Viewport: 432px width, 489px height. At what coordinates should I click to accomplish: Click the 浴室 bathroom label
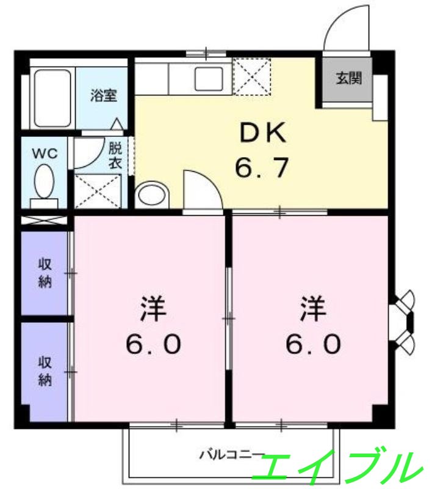[104, 95]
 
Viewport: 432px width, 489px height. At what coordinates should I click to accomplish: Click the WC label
[45, 153]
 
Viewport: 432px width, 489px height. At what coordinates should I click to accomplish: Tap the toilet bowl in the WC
[44, 182]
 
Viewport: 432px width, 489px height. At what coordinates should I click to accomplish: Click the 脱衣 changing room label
[115, 155]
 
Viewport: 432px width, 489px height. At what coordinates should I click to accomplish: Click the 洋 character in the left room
[153, 309]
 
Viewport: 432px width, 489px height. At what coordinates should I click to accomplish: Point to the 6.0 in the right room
[312, 345]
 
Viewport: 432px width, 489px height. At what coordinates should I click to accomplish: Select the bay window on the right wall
[403, 320]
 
